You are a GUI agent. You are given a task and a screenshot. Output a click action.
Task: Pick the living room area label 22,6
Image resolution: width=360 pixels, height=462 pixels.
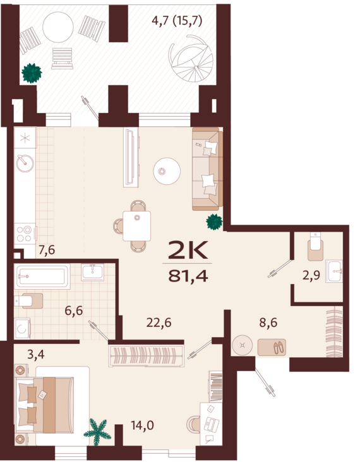pos(159,323)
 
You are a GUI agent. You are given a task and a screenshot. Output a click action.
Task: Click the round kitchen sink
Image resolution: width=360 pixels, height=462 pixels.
pos(25,162)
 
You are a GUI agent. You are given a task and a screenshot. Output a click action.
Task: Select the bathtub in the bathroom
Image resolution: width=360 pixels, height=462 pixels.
pos(42,276)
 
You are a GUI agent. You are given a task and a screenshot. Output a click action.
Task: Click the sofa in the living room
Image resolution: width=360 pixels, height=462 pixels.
pos(206,169)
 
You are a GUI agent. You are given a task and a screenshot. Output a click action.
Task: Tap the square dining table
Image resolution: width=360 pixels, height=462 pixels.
pos(137,225)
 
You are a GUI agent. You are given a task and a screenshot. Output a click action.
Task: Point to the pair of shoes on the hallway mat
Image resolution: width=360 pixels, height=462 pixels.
pos(272,346)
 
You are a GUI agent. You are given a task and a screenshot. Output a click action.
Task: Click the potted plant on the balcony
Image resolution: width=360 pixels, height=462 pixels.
pos(31,73)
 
